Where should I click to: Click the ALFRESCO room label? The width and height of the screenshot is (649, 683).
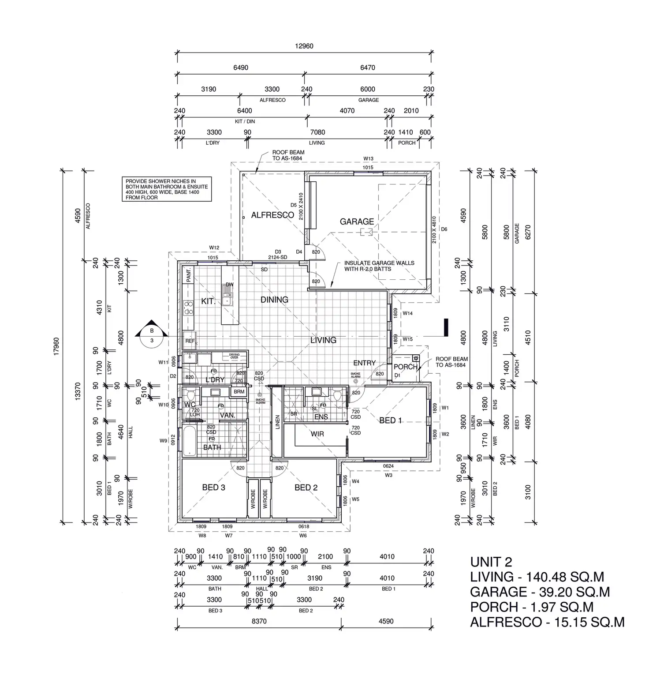pyautogui.click(x=272, y=215)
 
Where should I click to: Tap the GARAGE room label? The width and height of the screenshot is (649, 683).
pyautogui.click(x=357, y=221)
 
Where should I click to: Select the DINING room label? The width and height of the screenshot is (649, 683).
pyautogui.click(x=274, y=300)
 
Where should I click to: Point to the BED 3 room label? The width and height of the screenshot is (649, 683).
pyautogui.click(x=213, y=488)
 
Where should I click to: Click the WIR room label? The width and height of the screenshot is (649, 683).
pyautogui.click(x=317, y=434)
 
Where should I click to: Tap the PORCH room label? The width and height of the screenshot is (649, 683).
pyautogui.click(x=405, y=367)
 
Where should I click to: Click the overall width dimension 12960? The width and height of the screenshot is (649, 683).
pyautogui.click(x=304, y=46)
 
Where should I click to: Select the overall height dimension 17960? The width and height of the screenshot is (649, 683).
pyautogui.click(x=56, y=346)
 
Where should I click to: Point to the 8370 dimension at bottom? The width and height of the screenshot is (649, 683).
pyautogui.click(x=259, y=621)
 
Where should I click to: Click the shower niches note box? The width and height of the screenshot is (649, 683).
pyautogui.click(x=167, y=189)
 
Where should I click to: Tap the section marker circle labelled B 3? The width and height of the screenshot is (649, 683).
pyautogui.click(x=152, y=335)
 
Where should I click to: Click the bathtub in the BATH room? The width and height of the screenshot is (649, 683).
pyautogui.click(x=190, y=441)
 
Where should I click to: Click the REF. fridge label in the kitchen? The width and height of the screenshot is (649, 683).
pyautogui.click(x=190, y=341)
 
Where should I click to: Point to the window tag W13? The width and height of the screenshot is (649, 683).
pyautogui.click(x=368, y=159)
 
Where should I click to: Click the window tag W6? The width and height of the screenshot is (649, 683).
pyautogui.click(x=303, y=536)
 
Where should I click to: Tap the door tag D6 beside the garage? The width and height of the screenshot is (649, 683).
pyautogui.click(x=444, y=229)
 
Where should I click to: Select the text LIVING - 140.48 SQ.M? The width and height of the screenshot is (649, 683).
pyautogui.click(x=537, y=577)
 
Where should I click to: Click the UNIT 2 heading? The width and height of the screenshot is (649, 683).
pyautogui.click(x=491, y=562)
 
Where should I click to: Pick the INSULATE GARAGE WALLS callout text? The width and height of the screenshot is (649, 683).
pyautogui.click(x=379, y=266)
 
